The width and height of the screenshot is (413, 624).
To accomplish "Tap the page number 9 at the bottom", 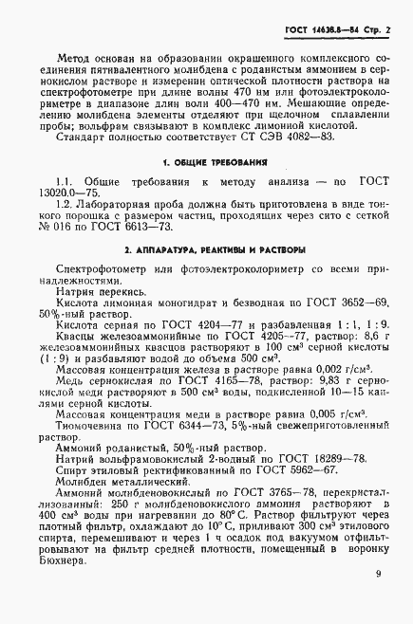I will (x=378, y=573).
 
